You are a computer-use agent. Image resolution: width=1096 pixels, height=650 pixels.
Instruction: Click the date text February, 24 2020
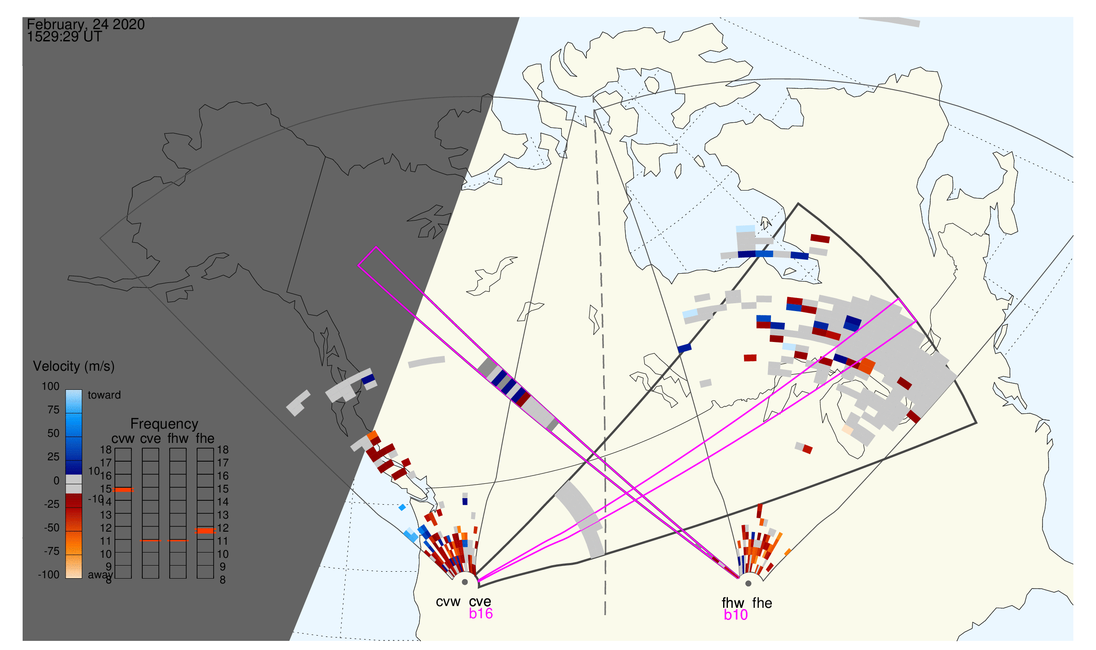pyautogui.click(x=86, y=24)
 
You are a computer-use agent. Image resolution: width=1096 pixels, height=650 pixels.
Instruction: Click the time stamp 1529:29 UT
pyautogui.click(x=64, y=37)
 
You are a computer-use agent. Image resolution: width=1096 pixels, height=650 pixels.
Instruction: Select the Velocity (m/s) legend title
pyautogui.click(x=74, y=367)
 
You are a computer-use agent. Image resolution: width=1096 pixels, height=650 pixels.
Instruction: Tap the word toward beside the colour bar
pyautogui.click(x=104, y=395)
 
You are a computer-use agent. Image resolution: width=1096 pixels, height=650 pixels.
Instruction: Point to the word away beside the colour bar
pyautogui.click(x=101, y=575)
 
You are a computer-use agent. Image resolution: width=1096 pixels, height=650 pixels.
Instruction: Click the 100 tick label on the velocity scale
pyautogui.click(x=50, y=386)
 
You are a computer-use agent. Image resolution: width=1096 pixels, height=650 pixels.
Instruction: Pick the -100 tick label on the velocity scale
pyautogui.click(x=49, y=575)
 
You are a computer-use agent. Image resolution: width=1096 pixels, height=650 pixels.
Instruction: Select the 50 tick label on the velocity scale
pyautogui.click(x=53, y=434)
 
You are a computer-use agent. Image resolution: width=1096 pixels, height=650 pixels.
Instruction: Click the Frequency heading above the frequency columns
pyautogui.click(x=164, y=424)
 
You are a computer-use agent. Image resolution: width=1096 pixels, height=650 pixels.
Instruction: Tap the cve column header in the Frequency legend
pyautogui.click(x=151, y=439)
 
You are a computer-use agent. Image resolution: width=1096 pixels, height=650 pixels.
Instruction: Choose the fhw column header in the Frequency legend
pyautogui.click(x=178, y=439)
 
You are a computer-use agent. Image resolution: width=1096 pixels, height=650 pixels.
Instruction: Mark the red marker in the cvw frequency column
pyautogui.click(x=123, y=490)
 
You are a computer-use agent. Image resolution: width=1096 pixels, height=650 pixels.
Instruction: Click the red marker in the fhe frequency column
pyautogui.click(x=205, y=531)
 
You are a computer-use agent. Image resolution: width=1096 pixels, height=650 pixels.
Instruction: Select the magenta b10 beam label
pyautogui.click(x=736, y=615)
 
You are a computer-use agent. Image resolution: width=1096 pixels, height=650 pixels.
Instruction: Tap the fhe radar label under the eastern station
pyautogui.click(x=762, y=603)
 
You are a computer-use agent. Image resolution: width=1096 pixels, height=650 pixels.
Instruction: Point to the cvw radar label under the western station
pyautogui.click(x=448, y=602)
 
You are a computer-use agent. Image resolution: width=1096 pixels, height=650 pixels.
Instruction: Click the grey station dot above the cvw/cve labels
pyautogui.click(x=465, y=583)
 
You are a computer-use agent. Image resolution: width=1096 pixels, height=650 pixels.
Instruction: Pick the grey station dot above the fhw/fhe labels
pyautogui.click(x=749, y=584)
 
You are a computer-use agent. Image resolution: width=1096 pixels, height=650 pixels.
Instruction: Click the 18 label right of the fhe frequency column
pyautogui.click(x=223, y=450)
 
